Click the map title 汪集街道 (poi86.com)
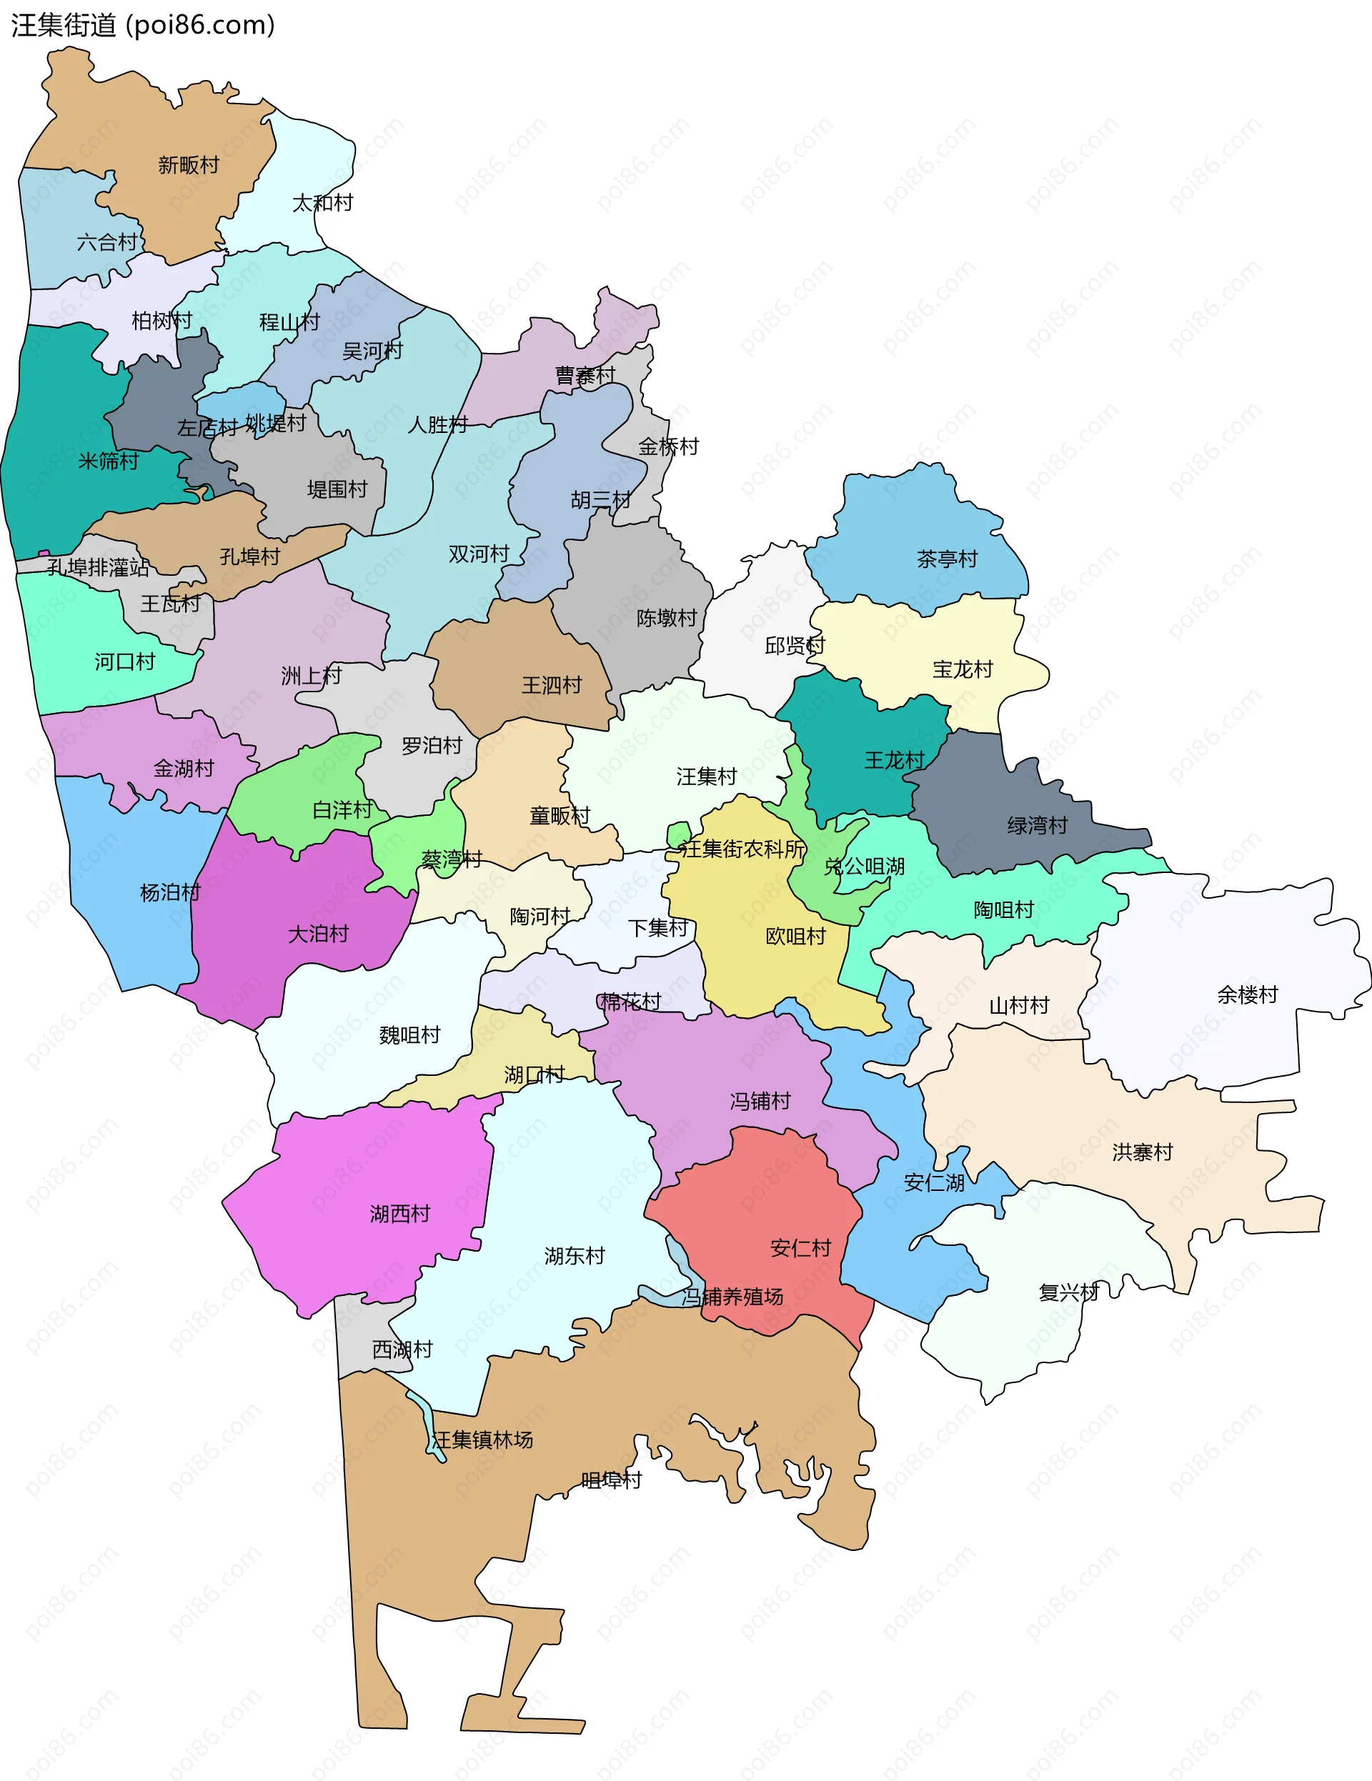(143, 25)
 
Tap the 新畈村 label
(189, 166)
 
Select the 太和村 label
(323, 203)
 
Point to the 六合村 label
(107, 242)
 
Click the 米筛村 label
(109, 462)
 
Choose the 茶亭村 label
(947, 559)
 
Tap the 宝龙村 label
(963, 669)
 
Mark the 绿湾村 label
(1037, 825)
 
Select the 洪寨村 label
(1142, 1152)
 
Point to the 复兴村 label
(1068, 1292)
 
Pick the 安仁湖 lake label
(934, 1182)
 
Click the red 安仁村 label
(800, 1247)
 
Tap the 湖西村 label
(399, 1214)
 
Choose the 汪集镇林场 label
(483, 1440)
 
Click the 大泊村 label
(318, 934)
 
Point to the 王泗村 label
(552, 685)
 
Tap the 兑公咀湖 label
(865, 866)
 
